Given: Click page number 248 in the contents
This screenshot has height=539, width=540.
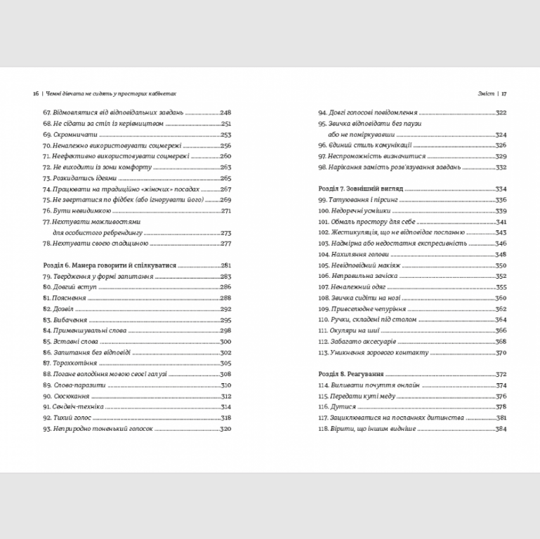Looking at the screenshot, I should pyautogui.click(x=225, y=112).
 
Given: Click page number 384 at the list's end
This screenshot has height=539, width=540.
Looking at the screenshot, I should pyautogui.click(x=501, y=428).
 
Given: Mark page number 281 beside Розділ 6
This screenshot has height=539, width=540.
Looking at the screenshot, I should pyautogui.click(x=225, y=266).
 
